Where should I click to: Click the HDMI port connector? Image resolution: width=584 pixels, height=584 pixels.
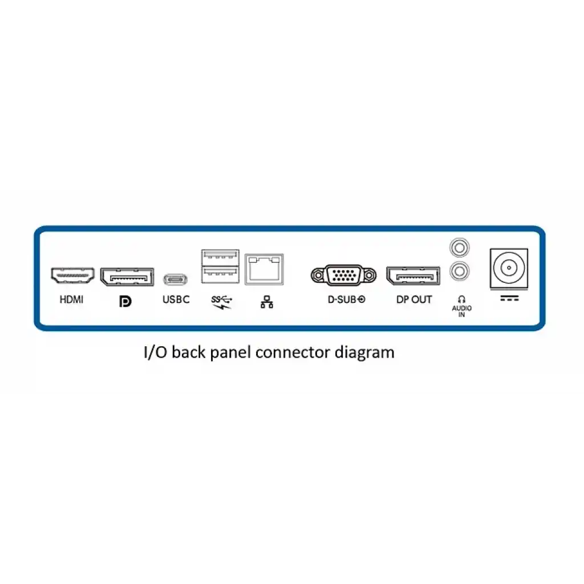point(72,275)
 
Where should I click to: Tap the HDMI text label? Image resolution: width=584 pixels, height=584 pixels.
point(71,299)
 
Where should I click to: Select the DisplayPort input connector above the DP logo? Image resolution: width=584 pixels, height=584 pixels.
point(127,277)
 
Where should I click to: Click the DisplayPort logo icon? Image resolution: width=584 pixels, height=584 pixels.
point(125,301)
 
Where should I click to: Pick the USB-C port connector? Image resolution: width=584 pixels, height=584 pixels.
point(176,279)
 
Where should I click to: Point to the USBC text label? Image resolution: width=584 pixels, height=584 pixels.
point(176,299)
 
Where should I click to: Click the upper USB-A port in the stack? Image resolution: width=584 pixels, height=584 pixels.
point(220,257)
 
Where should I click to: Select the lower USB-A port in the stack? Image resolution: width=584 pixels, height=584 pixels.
point(220,275)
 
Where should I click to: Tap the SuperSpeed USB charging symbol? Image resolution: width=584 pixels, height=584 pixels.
point(222,302)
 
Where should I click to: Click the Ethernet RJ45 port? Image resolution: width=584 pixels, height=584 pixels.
point(264,269)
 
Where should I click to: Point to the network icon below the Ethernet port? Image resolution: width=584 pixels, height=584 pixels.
point(267,302)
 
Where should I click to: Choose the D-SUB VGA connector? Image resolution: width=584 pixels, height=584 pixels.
point(343,275)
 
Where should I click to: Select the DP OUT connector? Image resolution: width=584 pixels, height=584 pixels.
point(413,276)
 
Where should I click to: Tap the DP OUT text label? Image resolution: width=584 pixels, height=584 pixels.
point(414,299)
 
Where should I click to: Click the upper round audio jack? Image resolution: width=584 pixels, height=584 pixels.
point(460,248)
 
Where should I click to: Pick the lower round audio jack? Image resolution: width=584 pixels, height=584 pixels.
point(460,271)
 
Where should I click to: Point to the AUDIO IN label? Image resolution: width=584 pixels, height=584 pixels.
point(462,311)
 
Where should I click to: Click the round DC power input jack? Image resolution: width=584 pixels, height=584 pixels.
point(509,268)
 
